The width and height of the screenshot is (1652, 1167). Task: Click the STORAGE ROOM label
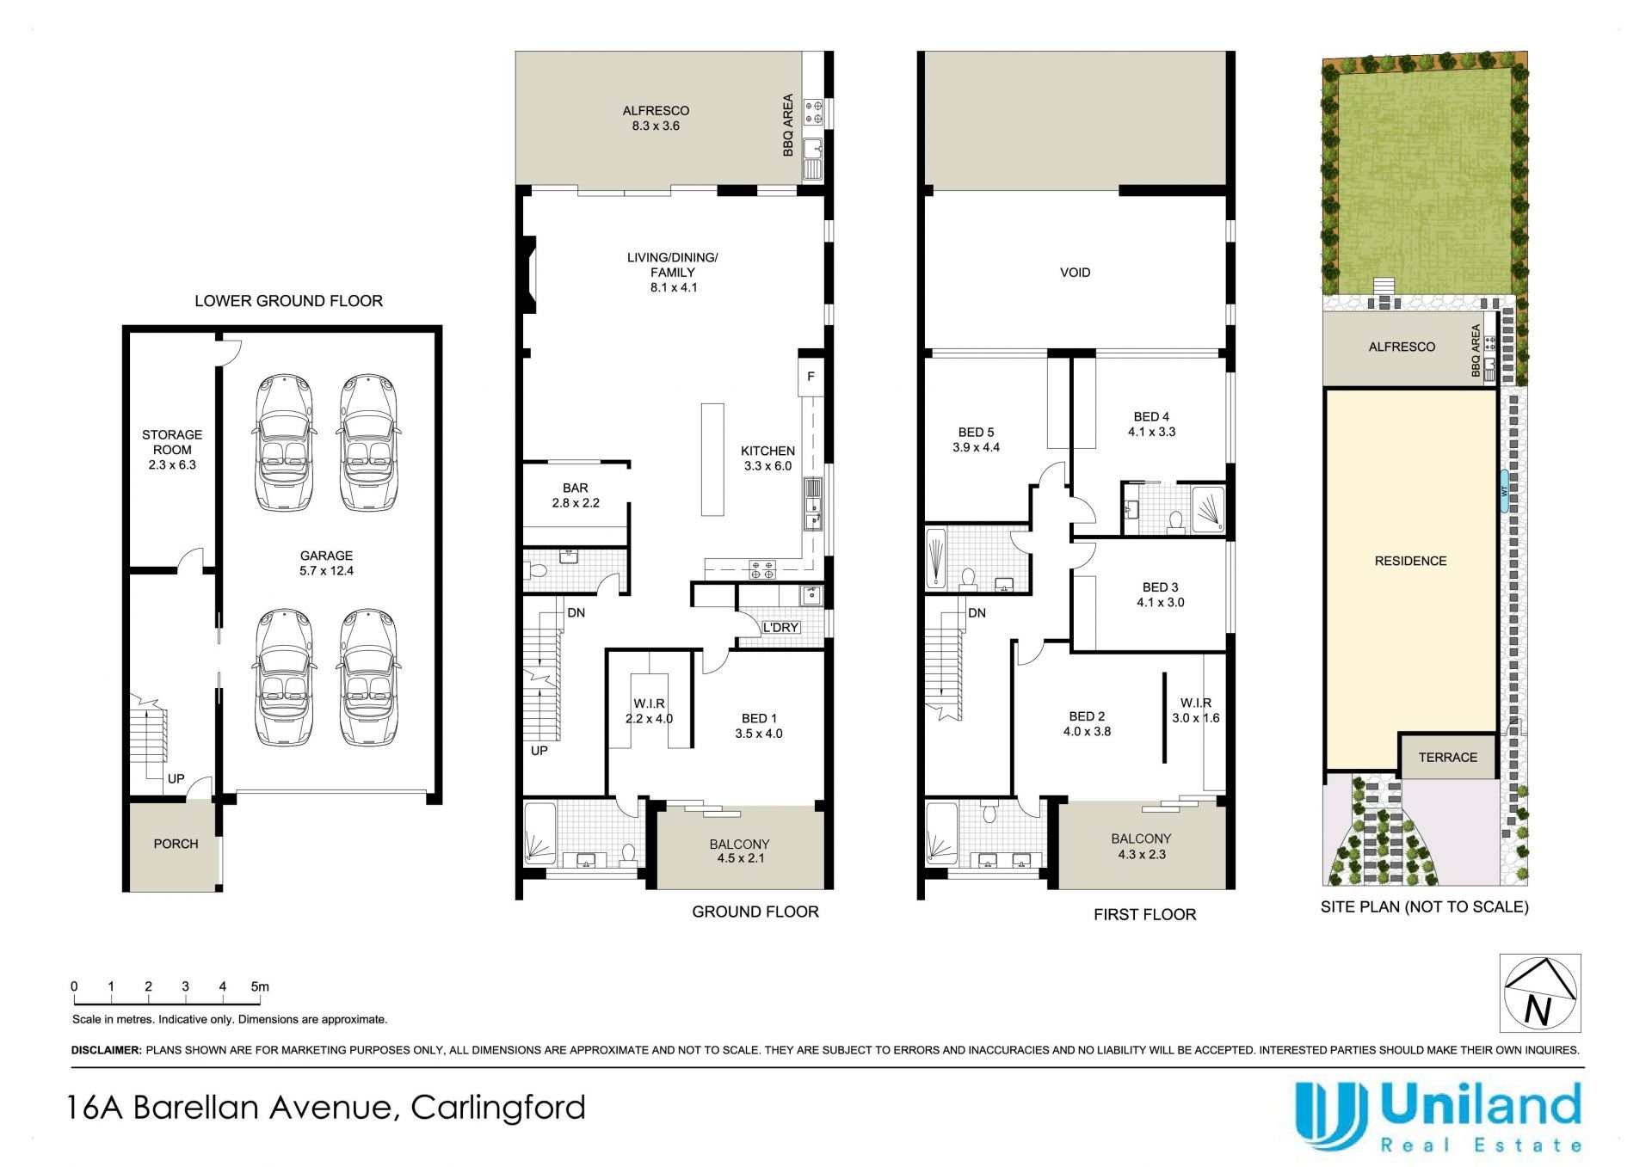point(172,442)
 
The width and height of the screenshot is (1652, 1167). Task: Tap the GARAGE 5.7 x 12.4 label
point(326,563)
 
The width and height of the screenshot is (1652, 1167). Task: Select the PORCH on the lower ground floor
point(176,844)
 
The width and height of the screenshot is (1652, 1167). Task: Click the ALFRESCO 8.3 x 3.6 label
point(656,118)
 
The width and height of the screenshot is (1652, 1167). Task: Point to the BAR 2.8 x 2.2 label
point(576,495)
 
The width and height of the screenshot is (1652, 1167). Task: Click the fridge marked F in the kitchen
point(811,377)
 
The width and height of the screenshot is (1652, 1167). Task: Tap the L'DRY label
point(780,628)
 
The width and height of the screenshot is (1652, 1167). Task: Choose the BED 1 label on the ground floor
point(759,719)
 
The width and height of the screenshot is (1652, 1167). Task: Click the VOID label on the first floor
point(1075,273)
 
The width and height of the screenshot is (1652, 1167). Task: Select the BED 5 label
point(976,433)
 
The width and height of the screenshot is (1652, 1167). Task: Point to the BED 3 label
point(1160,587)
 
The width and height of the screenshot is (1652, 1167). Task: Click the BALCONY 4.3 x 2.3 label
point(1141,846)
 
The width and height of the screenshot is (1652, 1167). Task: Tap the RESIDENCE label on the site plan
point(1410,561)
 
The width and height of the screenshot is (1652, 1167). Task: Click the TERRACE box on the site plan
point(1447,756)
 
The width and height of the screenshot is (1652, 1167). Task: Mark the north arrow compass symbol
point(1540,992)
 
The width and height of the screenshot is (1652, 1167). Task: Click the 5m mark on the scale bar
point(260,987)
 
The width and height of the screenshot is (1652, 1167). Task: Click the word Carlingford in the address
point(498,1108)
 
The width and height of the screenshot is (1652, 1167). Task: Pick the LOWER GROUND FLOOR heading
point(288,301)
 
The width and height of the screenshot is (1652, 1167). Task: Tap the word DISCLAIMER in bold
point(106,1050)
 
